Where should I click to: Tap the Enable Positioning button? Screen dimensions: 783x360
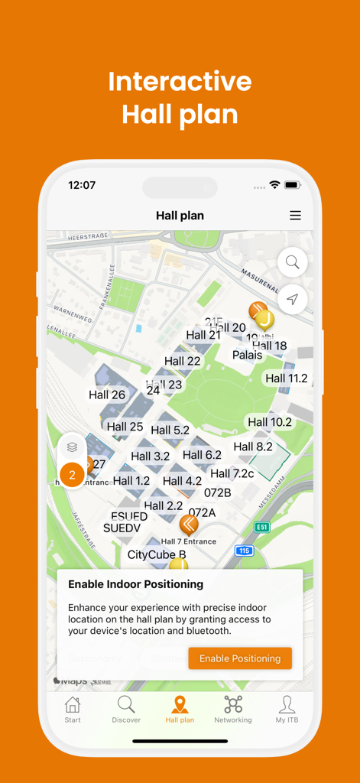[240, 658]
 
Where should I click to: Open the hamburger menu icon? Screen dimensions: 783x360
[295, 216]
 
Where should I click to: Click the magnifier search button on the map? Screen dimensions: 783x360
[293, 262]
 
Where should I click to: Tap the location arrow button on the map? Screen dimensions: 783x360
[293, 300]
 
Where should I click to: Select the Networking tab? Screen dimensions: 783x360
[233, 710]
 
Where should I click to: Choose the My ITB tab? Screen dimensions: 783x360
[287, 710]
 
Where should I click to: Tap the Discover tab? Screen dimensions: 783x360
[126, 710]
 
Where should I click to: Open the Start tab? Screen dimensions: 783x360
[73, 710]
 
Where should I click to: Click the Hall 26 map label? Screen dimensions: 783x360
[107, 395]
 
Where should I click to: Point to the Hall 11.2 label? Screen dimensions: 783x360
[287, 378]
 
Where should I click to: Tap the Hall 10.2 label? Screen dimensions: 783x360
[270, 421]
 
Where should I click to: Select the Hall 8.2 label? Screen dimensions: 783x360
[253, 447]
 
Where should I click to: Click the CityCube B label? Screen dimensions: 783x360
[157, 554]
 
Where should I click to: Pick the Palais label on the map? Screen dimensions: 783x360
[248, 355]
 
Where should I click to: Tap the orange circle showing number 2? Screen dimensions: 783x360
[72, 476]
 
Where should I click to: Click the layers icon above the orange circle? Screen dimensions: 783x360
[72, 447]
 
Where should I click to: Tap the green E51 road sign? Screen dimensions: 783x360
[262, 528]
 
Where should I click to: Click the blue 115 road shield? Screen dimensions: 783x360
[244, 551]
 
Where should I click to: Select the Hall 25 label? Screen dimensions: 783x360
[125, 427]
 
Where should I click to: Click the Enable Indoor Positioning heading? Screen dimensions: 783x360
[136, 584]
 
